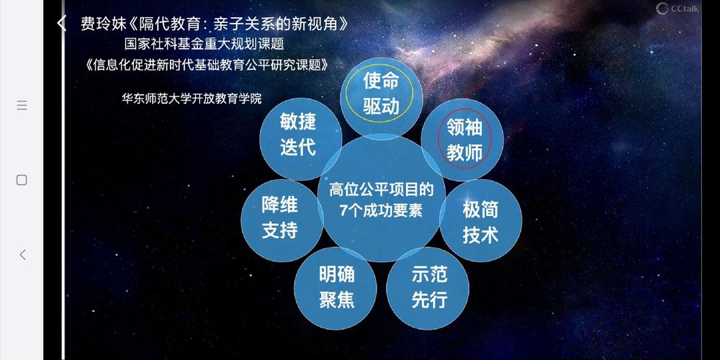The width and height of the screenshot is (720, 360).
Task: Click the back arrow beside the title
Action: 62,23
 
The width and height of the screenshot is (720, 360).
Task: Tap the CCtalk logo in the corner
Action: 677,9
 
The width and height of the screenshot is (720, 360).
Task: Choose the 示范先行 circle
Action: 429,288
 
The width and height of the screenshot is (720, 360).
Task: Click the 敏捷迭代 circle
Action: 298,134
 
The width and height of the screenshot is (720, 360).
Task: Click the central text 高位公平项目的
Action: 382,190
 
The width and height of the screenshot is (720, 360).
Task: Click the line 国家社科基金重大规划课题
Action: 204,44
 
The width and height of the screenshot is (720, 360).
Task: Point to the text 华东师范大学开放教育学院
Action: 192,99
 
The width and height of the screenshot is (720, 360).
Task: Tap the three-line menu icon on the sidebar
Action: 22,105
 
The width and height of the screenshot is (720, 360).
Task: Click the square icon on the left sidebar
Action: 22,179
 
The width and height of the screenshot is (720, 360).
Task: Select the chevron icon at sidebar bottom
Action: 22,254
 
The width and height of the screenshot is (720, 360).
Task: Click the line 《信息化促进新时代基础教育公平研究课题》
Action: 209,64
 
